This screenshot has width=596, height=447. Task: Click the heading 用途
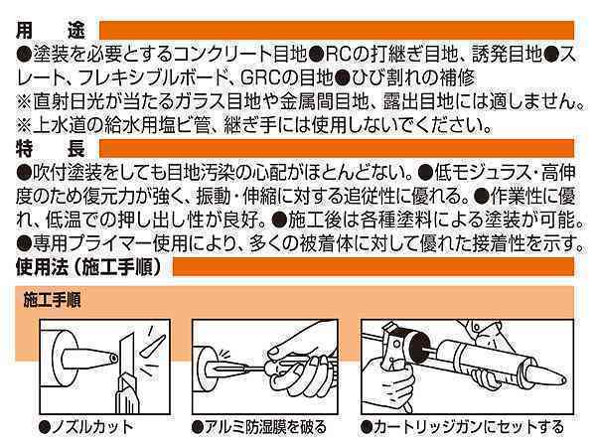pos(51,31)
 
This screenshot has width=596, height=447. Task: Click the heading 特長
pos(51,149)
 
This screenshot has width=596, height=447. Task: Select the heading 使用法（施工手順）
pos(88,267)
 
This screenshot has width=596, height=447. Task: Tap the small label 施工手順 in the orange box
pos(52,300)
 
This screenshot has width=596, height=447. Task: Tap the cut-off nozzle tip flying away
pos(153,346)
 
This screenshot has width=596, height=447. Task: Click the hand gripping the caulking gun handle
pos(387,383)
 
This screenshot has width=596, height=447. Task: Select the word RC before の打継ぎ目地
pos(337,55)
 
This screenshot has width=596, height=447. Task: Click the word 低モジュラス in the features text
pos(485,173)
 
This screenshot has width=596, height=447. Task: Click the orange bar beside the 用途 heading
pos(337,31)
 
